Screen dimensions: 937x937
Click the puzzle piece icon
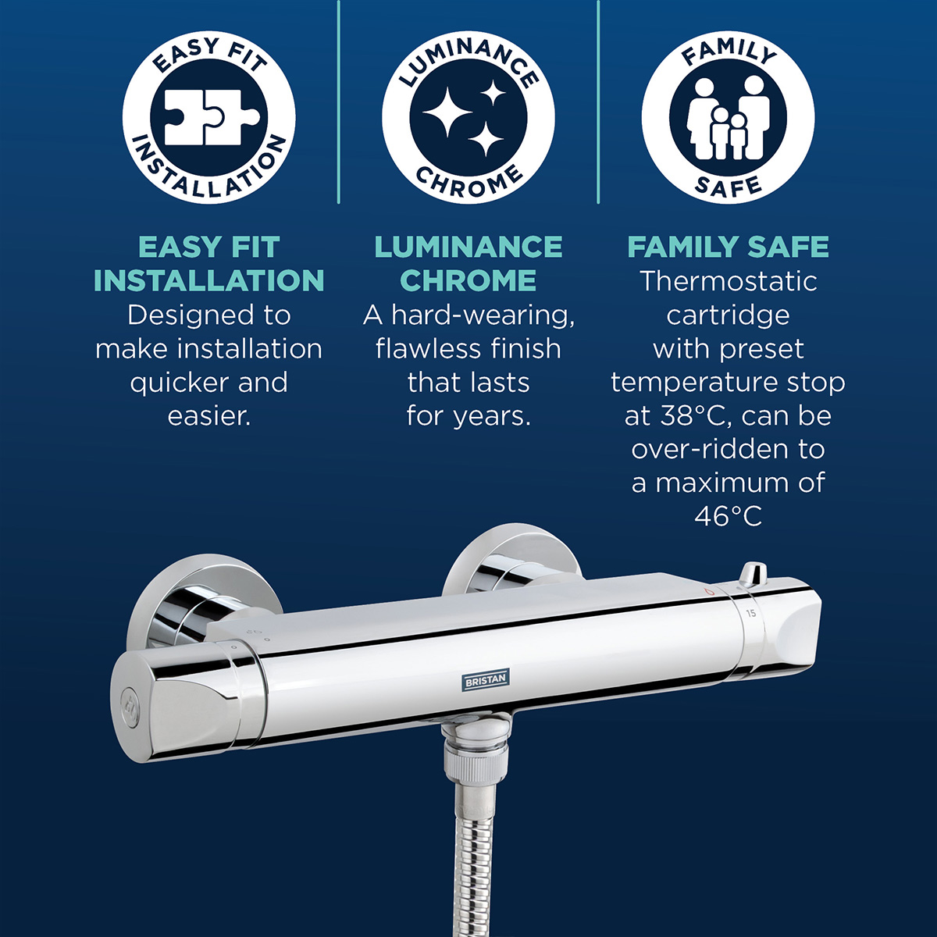click(208, 118)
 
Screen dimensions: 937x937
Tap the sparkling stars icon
click(468, 118)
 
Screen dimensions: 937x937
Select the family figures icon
click(728, 118)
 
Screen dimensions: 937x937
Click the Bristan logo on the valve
click(486, 680)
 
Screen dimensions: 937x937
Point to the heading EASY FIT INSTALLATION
click(208, 264)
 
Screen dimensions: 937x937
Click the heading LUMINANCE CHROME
click(468, 264)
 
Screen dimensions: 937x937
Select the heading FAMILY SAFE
click(728, 248)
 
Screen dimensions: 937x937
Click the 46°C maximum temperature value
click(728, 516)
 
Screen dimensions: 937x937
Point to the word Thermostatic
click(728, 281)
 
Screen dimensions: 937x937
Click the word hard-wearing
click(483, 315)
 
